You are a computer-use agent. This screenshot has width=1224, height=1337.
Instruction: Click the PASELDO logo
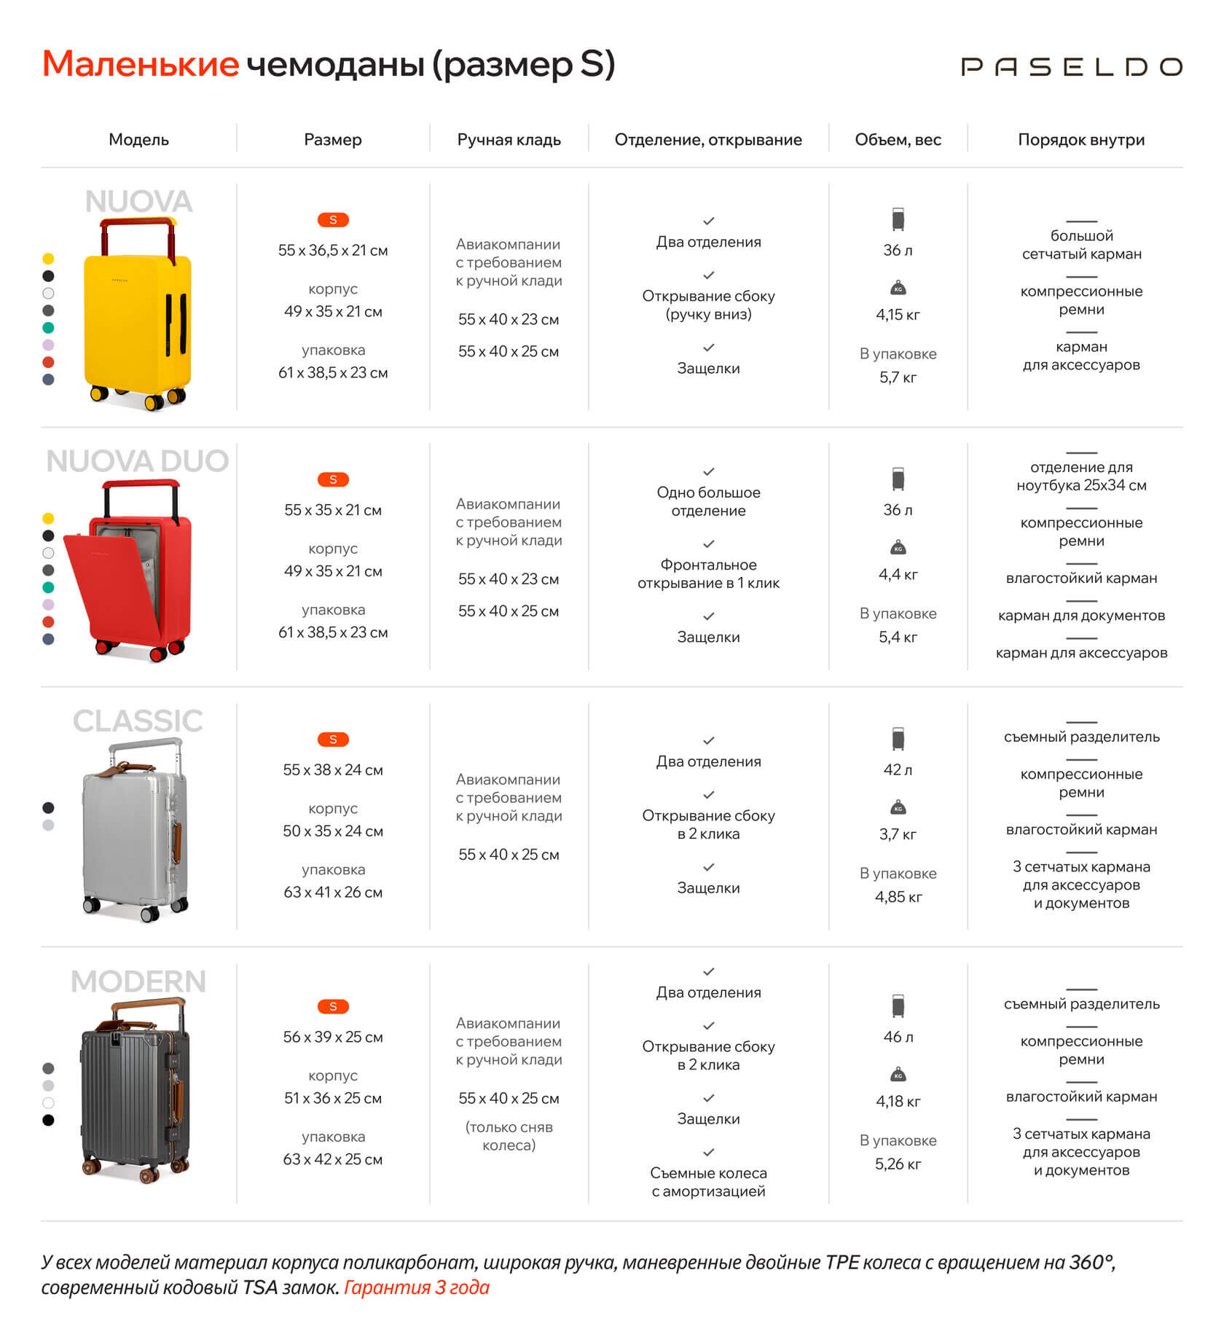[x=1071, y=67]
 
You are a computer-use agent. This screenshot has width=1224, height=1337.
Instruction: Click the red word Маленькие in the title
[x=141, y=64]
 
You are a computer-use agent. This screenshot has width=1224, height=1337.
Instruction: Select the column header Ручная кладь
[x=509, y=140]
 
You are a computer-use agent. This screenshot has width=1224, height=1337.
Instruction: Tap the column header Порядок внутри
[x=1080, y=140]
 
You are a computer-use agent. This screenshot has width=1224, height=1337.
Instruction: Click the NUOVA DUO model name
[x=138, y=461]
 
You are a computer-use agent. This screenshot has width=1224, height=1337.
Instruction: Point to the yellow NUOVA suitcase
[x=137, y=321]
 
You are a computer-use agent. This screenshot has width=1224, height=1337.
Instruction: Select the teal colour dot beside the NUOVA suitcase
[x=48, y=328]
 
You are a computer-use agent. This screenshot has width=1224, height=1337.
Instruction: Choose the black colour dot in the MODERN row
[x=48, y=1120]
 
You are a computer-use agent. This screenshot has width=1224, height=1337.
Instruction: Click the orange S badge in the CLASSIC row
[x=333, y=740]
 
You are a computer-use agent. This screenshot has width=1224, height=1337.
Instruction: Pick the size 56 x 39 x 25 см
[x=333, y=1037]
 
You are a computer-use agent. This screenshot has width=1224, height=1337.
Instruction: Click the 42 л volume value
[x=898, y=770]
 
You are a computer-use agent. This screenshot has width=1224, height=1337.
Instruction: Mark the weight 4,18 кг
[x=898, y=1101]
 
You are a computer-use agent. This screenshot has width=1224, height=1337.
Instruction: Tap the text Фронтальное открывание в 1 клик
[x=708, y=574]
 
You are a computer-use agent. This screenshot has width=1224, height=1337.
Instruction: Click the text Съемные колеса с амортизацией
[x=708, y=1182]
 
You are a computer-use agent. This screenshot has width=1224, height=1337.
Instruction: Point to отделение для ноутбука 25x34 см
[x=1081, y=477]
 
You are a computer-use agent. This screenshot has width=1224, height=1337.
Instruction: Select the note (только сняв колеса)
[x=509, y=1136]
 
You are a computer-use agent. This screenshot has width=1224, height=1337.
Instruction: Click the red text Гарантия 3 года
[x=416, y=1287]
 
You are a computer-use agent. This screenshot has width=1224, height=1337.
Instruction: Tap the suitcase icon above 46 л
[x=898, y=1006]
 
